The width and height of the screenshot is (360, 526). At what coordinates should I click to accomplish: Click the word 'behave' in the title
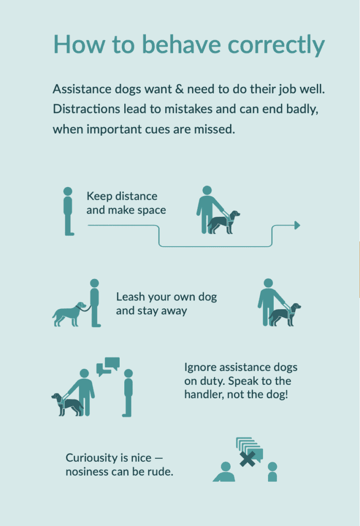pyautogui.click(x=181, y=44)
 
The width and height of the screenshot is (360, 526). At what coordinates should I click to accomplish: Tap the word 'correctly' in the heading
pyautogui.click(x=276, y=45)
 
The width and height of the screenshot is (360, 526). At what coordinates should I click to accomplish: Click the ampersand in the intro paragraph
pyautogui.click(x=179, y=89)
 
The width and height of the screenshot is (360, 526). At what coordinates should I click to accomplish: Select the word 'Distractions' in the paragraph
pyautogui.click(x=86, y=109)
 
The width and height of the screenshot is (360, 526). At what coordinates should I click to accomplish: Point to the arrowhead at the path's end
pyautogui.click(x=297, y=225)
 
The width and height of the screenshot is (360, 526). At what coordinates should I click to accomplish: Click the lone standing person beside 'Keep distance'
pyautogui.click(x=68, y=211)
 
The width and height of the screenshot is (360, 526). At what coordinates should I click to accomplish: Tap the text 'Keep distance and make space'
pyautogui.click(x=126, y=203)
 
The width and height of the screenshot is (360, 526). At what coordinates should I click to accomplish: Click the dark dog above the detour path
pyautogui.click(x=223, y=222)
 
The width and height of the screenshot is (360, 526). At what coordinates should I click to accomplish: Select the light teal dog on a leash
pyautogui.click(x=69, y=314)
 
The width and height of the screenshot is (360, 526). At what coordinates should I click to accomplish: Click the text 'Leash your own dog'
pyautogui.click(x=166, y=297)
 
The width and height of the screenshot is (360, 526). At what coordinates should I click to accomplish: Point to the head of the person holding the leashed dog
pyautogui.click(x=94, y=283)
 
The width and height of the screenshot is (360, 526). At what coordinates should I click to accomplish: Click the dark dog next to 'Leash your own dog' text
pyautogui.click(x=285, y=315)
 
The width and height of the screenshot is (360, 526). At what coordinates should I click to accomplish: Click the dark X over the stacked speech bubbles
pyautogui.click(x=248, y=459)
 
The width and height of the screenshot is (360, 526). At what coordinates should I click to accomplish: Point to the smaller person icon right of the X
pyautogui.click(x=272, y=472)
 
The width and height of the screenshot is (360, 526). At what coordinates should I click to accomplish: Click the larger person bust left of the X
pyautogui.click(x=224, y=472)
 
